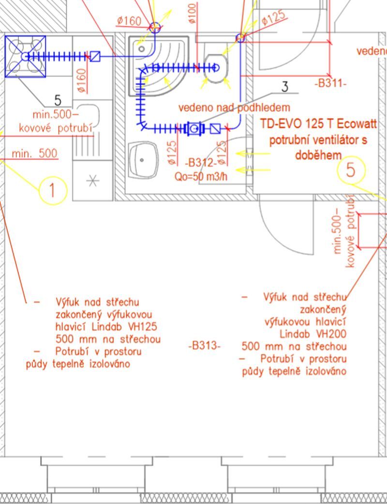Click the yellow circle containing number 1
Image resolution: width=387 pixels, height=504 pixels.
click(x=52, y=190)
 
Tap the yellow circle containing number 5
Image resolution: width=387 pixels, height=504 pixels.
click(x=351, y=170)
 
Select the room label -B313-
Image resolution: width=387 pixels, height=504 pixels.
click(x=204, y=346)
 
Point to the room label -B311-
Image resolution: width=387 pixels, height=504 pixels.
click(x=331, y=83)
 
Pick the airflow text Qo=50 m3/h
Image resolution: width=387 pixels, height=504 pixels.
click(x=201, y=176)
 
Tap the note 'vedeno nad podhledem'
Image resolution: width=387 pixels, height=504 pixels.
click(x=234, y=107)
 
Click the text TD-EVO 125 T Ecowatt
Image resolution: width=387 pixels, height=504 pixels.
click(x=318, y=124)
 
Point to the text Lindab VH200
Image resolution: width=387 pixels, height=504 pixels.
click(x=313, y=334)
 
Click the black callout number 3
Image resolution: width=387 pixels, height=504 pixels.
click(x=285, y=87)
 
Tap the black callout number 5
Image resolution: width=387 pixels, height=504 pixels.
click(x=58, y=101)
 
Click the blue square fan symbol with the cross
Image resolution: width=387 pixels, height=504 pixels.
click(x=25, y=56)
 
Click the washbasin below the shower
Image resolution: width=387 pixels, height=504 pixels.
click(x=144, y=159)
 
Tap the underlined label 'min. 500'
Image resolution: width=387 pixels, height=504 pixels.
click(x=34, y=154)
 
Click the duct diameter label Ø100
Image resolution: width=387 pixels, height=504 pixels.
click(x=192, y=13)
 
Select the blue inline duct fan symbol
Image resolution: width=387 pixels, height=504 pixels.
click(x=194, y=129)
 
